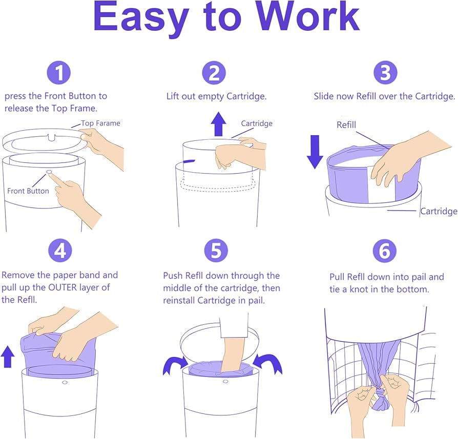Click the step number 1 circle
[59, 72]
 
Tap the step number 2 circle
[214, 73]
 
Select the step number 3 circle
[386, 72]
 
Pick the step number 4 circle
[60, 250]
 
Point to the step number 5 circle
[216, 250]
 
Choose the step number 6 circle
[385, 251]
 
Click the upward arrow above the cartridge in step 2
[218, 124]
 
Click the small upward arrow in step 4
[8, 357]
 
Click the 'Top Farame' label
[100, 123]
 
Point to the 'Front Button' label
[28, 191]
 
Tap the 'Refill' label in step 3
[346, 125]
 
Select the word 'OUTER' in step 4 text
[63, 287]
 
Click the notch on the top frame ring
[52, 137]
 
